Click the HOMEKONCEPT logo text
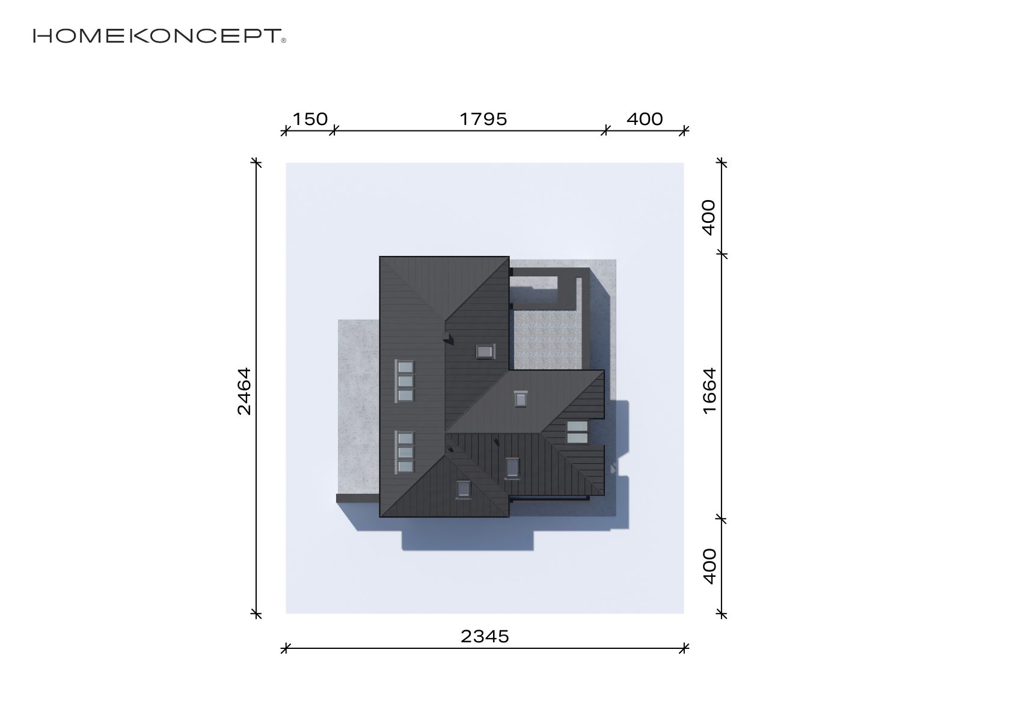pyautogui.click(x=158, y=36)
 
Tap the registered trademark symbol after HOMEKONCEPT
pyautogui.click(x=284, y=40)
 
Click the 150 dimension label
pyautogui.click(x=310, y=120)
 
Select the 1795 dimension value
pyautogui.click(x=483, y=120)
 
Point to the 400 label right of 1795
pyautogui.click(x=645, y=120)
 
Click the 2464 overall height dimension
pyautogui.click(x=244, y=391)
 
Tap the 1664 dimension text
pyautogui.click(x=710, y=391)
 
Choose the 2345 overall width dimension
pyautogui.click(x=485, y=637)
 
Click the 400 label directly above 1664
pyautogui.click(x=709, y=218)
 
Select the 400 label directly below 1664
pyautogui.click(x=710, y=566)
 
